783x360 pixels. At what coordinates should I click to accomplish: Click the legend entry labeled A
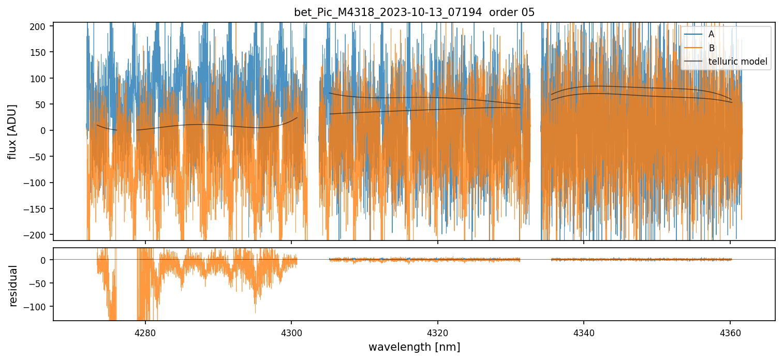(711, 34)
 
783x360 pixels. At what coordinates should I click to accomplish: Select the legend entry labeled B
(711, 48)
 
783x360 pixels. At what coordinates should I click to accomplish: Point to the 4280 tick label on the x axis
(145, 331)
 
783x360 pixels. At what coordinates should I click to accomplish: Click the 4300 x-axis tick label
(291, 331)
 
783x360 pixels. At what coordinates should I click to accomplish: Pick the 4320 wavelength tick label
(437, 331)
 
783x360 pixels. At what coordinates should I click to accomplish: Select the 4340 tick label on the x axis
(584, 331)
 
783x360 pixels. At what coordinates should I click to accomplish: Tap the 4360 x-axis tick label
(730, 331)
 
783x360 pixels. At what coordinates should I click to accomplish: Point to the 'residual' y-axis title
(13, 286)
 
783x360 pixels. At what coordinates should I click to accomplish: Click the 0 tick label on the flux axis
(45, 130)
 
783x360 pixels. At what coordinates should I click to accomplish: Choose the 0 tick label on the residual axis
(45, 260)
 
